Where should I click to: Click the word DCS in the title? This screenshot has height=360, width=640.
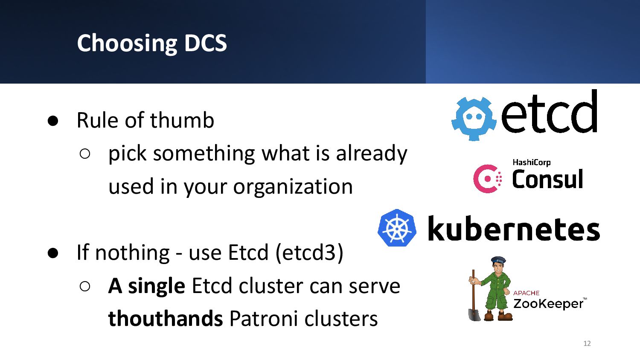click(x=205, y=43)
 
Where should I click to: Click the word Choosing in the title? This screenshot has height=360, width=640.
click(x=127, y=44)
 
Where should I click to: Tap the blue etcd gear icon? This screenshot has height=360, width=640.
click(x=474, y=119)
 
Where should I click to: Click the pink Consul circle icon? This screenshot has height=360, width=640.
click(x=486, y=179)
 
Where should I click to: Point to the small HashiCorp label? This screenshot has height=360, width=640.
click(x=532, y=163)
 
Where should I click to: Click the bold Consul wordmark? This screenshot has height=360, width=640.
click(x=547, y=179)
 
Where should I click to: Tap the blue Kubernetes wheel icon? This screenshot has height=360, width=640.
click(x=397, y=228)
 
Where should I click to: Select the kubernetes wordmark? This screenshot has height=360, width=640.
click(x=514, y=228)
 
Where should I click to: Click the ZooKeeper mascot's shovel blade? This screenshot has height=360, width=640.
click(x=474, y=314)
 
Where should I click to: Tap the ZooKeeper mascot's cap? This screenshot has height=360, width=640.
click(x=499, y=260)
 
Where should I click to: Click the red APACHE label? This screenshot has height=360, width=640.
click(x=526, y=293)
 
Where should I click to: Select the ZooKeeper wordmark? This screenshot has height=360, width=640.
click(x=550, y=304)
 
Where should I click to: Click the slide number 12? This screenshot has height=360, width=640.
click(x=587, y=343)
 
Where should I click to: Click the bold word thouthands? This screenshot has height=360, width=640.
click(x=166, y=318)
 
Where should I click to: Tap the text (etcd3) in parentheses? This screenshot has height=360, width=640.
click(x=309, y=253)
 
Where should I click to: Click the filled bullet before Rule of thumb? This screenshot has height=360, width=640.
click(x=53, y=121)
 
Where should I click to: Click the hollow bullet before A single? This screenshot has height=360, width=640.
click(x=85, y=286)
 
